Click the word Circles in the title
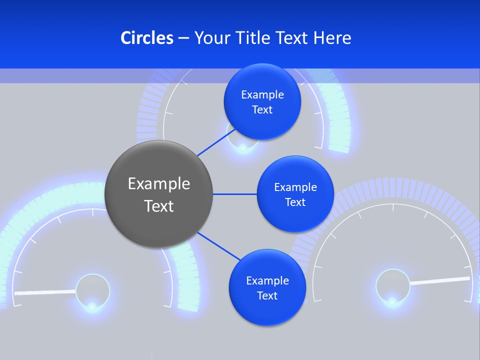(146, 38)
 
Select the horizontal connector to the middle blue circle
(234, 194)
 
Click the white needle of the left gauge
(45, 292)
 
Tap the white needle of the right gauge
(440, 280)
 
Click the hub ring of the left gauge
(92, 289)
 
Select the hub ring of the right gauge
(393, 286)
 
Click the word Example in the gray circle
(158, 184)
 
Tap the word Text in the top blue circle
(262, 110)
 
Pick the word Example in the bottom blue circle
(267, 280)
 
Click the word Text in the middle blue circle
(295, 202)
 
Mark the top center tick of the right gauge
(393, 207)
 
